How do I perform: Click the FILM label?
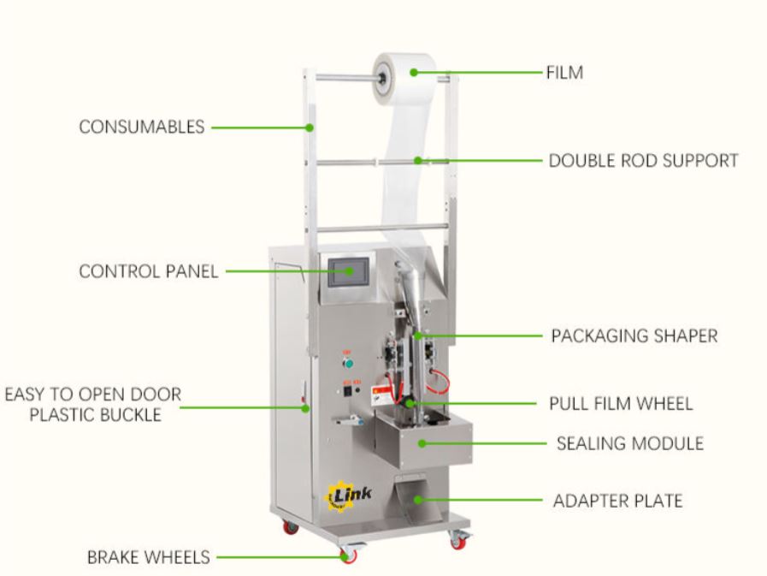point(564,73)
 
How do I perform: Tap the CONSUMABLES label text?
point(142,127)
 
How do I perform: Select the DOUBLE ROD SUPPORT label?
point(643,160)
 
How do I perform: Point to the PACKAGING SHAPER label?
point(634,335)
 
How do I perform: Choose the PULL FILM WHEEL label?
point(621,403)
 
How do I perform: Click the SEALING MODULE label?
point(629,443)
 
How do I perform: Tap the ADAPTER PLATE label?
point(617,500)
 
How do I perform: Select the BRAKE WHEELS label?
point(148,557)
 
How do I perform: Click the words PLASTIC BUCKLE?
point(94,415)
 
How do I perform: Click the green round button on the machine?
point(347,362)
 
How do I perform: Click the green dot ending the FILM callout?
point(415,73)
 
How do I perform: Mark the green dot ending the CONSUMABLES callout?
point(310,128)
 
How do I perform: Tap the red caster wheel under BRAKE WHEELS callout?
point(348,555)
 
